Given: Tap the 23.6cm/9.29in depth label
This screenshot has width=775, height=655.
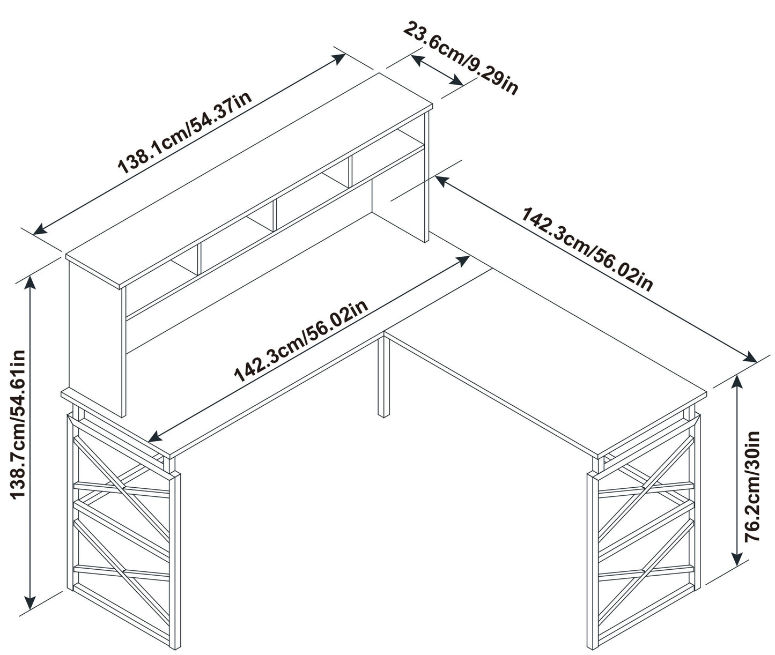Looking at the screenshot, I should click(x=461, y=58).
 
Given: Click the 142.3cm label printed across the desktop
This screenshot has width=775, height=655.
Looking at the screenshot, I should click(x=301, y=341).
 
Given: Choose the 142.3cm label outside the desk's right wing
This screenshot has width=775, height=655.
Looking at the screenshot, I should click(x=588, y=249).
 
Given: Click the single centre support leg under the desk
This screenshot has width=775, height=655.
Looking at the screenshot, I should click(x=383, y=375).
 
